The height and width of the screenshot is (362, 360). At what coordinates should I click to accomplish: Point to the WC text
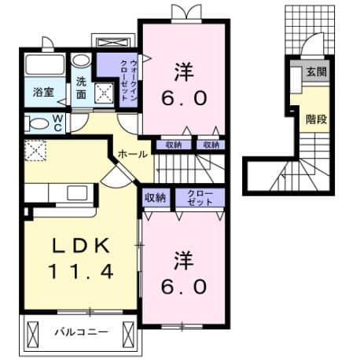point(57,122)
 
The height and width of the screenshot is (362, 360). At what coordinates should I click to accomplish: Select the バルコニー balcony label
point(80,332)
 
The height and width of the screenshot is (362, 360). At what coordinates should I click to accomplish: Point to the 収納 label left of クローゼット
point(156,197)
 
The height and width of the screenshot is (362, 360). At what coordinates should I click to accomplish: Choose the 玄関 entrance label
point(316,72)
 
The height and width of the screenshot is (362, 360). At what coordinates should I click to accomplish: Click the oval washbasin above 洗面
point(82,60)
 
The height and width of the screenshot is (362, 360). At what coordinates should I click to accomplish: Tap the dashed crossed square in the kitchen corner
point(35,150)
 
